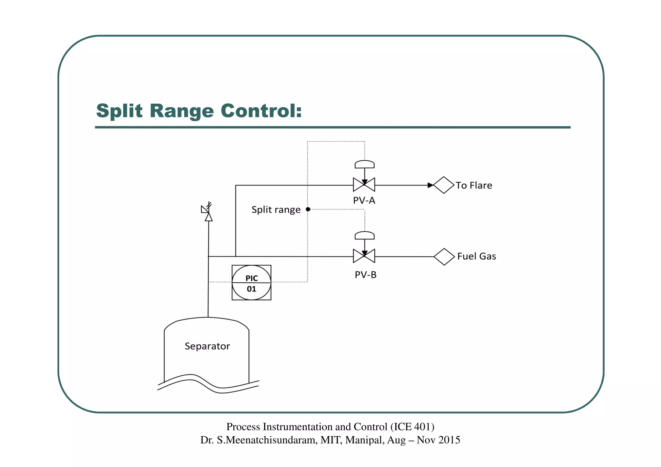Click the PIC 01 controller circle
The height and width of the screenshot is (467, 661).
[x=251, y=283]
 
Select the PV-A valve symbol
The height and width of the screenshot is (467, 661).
[x=364, y=185]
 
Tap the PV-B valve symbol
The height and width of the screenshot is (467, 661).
[x=364, y=256]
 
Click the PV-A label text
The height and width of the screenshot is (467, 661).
[x=364, y=200]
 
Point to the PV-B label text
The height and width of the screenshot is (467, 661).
[x=365, y=275]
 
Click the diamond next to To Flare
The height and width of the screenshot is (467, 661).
[x=444, y=185]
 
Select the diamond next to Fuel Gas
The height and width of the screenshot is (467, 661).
[x=444, y=257]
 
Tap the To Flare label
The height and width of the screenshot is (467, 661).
[x=474, y=186]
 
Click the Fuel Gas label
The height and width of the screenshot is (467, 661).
[x=476, y=256]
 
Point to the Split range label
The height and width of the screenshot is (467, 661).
[x=276, y=210]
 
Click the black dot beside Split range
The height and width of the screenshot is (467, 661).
[x=308, y=209]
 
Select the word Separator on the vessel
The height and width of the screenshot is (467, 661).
[x=207, y=346]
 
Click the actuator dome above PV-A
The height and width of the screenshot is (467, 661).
[x=364, y=164]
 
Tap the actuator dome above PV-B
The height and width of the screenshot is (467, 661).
[x=364, y=236]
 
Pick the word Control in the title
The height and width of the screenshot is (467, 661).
[x=261, y=111]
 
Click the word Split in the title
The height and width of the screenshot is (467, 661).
[x=119, y=111]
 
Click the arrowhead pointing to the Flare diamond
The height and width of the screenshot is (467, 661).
[x=430, y=185]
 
